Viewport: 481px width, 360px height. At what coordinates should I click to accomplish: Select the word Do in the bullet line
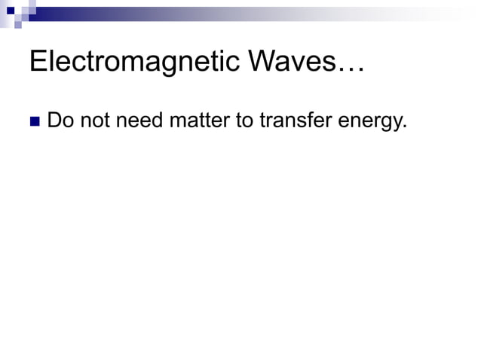point(60,120)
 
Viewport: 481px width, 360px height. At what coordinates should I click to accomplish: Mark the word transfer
point(295,120)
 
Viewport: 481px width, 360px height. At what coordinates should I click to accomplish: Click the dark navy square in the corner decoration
point(11,10)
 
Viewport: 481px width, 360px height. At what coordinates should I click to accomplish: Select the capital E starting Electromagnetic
point(38,63)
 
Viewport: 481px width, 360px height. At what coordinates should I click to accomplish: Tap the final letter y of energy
point(397,123)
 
